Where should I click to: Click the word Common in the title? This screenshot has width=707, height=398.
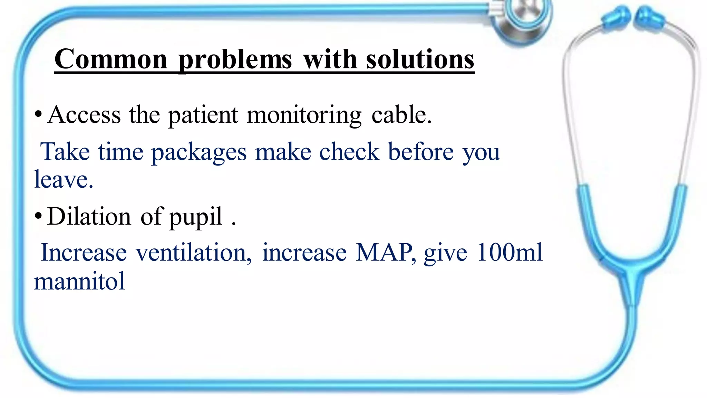(111, 59)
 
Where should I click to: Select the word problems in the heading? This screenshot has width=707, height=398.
(235, 60)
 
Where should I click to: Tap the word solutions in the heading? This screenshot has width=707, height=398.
(420, 59)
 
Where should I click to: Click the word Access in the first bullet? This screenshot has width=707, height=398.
(84, 115)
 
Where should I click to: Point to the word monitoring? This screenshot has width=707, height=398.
(304, 116)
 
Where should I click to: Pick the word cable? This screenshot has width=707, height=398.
(401, 115)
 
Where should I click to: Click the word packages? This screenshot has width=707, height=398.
(199, 152)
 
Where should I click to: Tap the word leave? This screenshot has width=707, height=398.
(64, 179)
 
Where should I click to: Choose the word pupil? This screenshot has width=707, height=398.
(196, 218)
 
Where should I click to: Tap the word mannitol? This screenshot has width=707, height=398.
(79, 281)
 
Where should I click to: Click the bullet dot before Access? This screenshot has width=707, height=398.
(38, 114)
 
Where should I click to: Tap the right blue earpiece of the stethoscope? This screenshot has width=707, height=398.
(650, 18)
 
